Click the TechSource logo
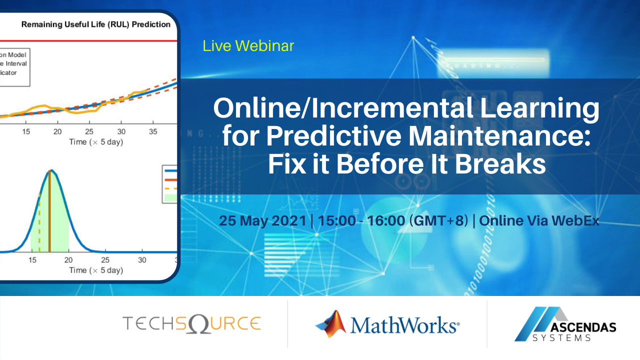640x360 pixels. pos(191,323)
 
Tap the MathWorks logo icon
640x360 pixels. pos(331,323)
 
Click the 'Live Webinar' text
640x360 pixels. pos(248,46)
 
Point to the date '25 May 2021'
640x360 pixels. pos(262,220)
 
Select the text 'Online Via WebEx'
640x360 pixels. pos(539,220)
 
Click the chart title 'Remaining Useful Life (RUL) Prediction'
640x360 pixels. pos(95,24)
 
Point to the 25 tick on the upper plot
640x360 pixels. pos(89,131)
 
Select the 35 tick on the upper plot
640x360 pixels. pos(153,131)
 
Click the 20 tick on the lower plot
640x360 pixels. pos(68,260)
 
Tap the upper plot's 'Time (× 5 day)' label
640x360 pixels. pos(95,142)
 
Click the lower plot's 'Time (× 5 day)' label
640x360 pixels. pos(95,270)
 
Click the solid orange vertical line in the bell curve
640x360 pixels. pos(49,215)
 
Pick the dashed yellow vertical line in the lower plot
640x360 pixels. pos(39,225)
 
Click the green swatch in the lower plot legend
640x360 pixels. pos(170,198)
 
